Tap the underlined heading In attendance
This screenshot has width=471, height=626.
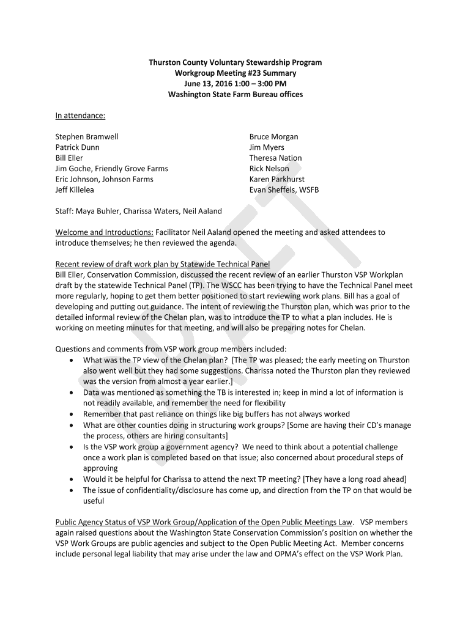(x=80, y=116)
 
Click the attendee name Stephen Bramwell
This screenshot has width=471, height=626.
(x=87, y=137)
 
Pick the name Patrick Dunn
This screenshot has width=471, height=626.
(x=78, y=147)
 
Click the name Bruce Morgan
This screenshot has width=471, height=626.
(x=273, y=137)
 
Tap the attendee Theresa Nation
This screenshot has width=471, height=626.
(x=275, y=158)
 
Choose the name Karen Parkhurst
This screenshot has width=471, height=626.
(x=276, y=180)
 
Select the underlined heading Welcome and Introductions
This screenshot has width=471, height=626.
(x=105, y=233)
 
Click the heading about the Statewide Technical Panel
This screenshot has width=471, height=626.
(x=163, y=264)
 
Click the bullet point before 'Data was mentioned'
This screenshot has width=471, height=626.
(x=72, y=392)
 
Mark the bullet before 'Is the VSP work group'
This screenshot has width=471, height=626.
(x=72, y=447)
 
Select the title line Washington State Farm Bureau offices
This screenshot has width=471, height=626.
(x=236, y=95)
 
